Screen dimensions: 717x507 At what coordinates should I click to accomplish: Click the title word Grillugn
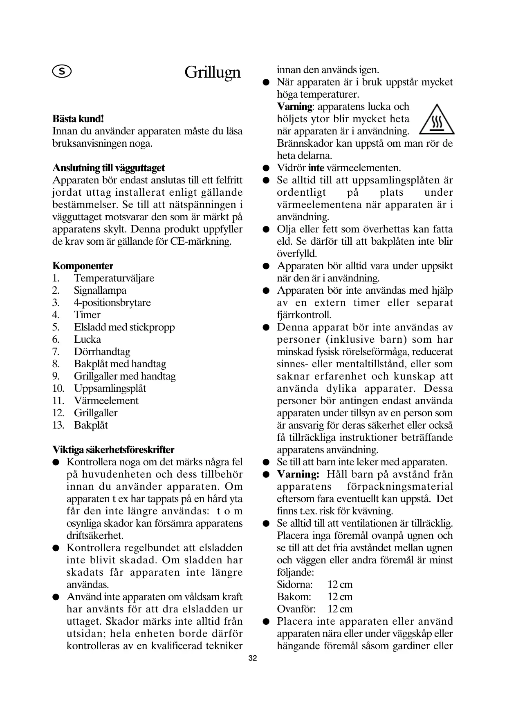212,72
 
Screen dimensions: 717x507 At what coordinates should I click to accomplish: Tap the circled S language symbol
62,72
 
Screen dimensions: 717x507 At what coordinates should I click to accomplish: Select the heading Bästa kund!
78,119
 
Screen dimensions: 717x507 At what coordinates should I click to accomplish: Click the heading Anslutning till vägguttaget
108,168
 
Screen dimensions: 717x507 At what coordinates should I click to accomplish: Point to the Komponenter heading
83,266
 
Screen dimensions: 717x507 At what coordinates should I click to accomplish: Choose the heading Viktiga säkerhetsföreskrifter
113,450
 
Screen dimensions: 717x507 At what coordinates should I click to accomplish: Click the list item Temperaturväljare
114,278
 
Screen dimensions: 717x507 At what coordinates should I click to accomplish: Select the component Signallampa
100,290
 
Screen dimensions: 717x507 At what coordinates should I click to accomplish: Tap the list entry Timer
87,315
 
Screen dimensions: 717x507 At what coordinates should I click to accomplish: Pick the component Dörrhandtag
102,352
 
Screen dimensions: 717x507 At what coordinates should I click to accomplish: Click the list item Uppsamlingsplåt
110,389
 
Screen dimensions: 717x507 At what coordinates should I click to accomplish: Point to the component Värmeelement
106,401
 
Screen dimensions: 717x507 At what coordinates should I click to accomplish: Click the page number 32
253,658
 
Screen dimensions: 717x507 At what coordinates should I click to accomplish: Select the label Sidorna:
294,585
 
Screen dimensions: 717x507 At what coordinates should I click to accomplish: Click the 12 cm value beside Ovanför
340,609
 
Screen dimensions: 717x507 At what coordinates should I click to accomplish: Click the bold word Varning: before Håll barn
298,474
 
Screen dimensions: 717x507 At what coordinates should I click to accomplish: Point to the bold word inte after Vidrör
316,168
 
